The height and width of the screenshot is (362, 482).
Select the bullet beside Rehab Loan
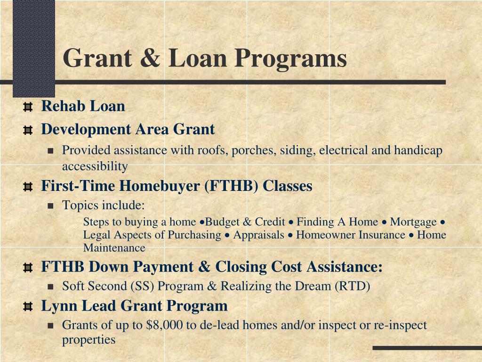[x=28, y=107]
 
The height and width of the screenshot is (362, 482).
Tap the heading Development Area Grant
[x=128, y=129]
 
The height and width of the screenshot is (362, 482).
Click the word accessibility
[x=95, y=166]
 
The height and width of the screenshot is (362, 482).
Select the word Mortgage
[x=413, y=222]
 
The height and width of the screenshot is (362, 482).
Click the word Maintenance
[x=114, y=247]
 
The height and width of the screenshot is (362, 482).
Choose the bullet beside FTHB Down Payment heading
[x=28, y=268]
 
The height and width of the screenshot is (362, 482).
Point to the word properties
[x=88, y=339]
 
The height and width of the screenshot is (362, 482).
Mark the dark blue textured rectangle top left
[x=34, y=47]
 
